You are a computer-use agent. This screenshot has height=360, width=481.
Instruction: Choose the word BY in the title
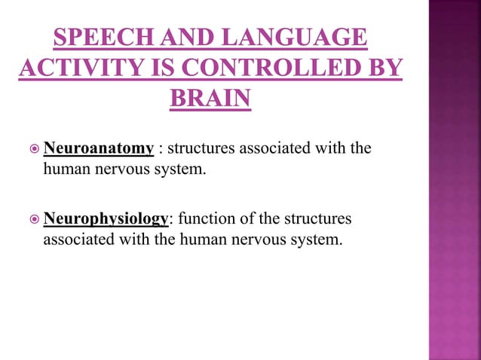[380, 69]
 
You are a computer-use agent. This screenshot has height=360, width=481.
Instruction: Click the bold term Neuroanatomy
[99, 147]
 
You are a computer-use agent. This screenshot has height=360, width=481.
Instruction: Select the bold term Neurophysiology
[106, 218]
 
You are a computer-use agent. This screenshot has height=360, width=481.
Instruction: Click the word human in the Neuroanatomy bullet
[66, 169]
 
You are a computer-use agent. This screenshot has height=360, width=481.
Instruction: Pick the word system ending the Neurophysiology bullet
[319, 240]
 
